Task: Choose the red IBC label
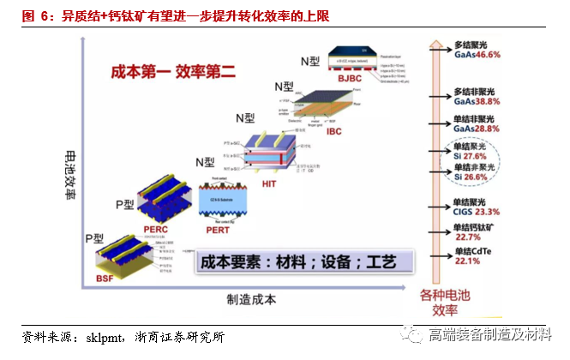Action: [x=335, y=132]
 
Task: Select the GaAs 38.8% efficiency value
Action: [x=477, y=100]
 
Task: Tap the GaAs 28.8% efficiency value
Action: [x=477, y=128]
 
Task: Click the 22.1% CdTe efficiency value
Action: [x=467, y=261]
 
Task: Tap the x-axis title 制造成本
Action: [x=251, y=299]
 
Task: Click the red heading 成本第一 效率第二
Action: [x=173, y=73]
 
